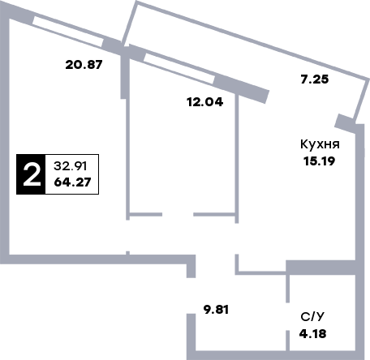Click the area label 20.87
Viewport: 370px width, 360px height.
point(84,65)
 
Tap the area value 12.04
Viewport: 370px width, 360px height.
point(205,102)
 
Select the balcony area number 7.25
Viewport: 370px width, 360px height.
point(315,79)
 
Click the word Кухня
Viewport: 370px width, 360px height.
point(320,144)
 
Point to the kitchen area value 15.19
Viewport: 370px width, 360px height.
point(320,161)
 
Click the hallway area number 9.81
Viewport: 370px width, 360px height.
point(216,310)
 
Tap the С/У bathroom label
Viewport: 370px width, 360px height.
point(312,316)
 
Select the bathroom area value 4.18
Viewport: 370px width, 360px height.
point(312,334)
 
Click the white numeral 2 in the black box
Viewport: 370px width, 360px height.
point(32,174)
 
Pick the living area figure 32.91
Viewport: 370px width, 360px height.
point(71,166)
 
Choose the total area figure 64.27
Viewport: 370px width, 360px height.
point(72,182)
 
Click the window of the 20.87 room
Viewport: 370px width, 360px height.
point(68,32)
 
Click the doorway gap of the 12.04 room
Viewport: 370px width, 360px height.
point(178,214)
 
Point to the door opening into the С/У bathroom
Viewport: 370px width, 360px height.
point(288,316)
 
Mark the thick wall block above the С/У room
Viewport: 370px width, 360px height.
point(321,268)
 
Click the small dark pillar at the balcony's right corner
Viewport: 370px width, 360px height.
point(345,123)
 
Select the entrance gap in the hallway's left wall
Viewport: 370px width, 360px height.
point(191,296)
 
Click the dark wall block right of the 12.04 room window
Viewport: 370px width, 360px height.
point(242,88)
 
